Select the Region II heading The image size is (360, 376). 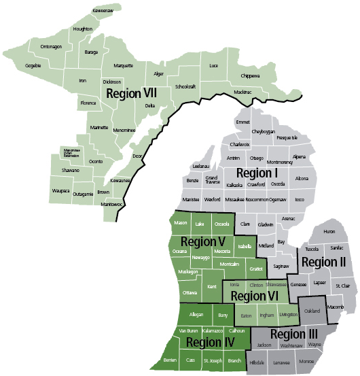click(x=324, y=262)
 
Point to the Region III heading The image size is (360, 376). click(x=293, y=334)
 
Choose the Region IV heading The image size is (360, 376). click(x=210, y=342)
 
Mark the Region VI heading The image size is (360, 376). click(x=255, y=296)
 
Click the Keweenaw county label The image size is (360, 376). click(x=84, y=12)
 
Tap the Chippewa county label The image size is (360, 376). click(x=251, y=75)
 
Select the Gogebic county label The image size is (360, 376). click(x=33, y=65)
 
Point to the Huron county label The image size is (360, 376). click(x=329, y=232)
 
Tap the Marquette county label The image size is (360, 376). click(x=124, y=66)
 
